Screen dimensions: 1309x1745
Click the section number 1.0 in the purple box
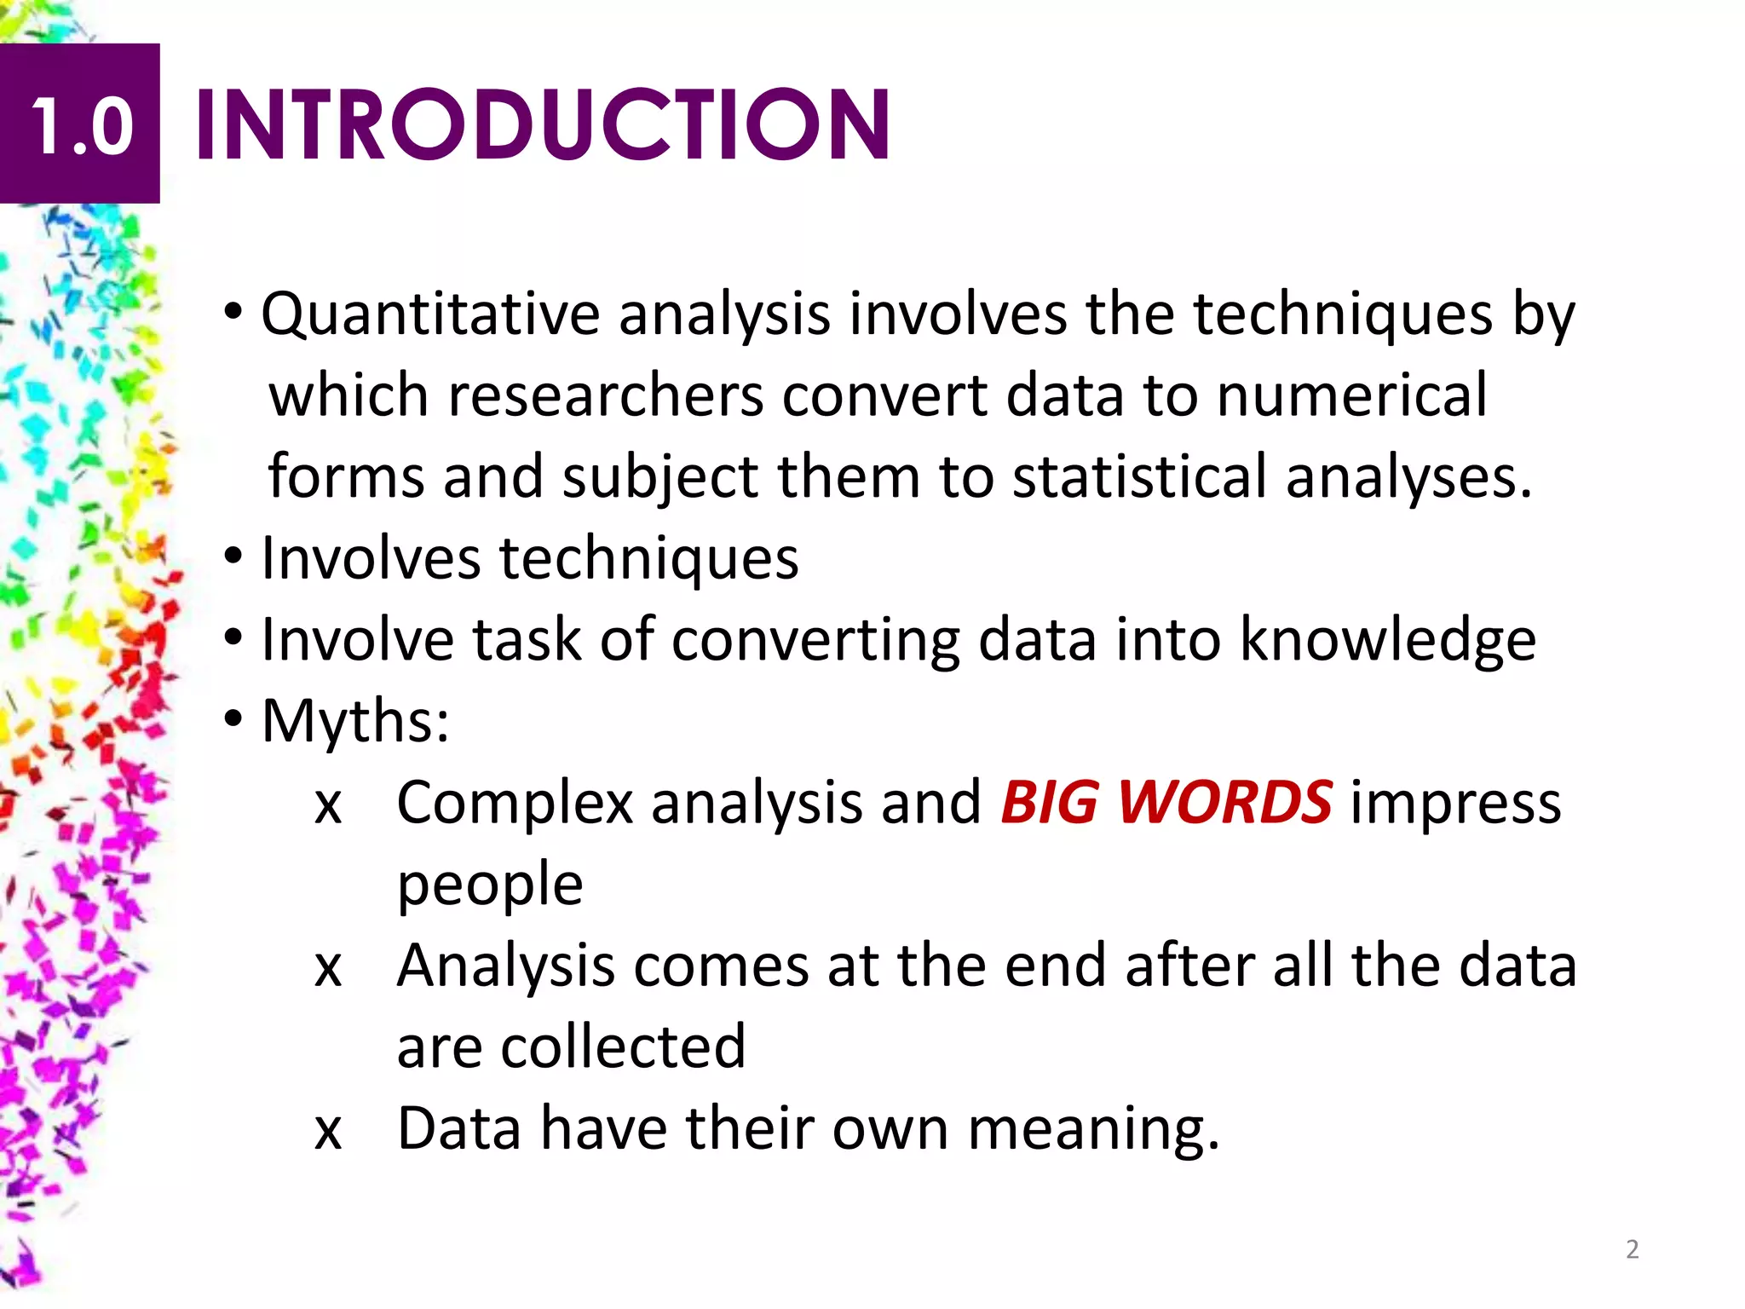coord(82,126)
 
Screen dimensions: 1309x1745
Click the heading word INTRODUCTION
coord(543,126)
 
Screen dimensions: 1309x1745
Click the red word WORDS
coord(1224,803)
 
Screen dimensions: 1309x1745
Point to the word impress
coord(1455,803)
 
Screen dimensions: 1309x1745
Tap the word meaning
coord(1093,1129)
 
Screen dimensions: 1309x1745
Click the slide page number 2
coord(1632,1249)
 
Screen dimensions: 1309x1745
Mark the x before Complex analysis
coord(328,804)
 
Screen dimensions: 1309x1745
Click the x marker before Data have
coord(328,1131)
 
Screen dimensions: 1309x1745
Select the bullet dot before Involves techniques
coord(233,558)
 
